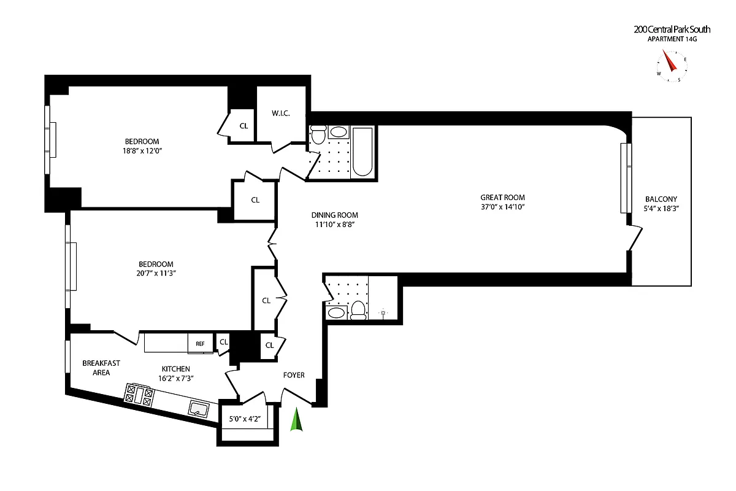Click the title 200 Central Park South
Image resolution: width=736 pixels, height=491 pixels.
(672, 29)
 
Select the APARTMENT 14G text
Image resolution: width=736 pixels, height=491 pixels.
(672, 39)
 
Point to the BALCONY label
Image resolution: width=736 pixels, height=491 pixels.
(661, 199)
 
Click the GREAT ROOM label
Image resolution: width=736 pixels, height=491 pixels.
(502, 197)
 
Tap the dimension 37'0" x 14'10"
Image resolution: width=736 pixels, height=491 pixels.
(502, 207)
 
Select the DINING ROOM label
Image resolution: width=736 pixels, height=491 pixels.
(334, 215)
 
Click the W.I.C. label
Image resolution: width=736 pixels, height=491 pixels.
(280, 113)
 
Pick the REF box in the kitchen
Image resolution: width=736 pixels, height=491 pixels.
(201, 344)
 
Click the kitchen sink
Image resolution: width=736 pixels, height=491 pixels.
(199, 408)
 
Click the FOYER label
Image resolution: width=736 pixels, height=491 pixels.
(294, 375)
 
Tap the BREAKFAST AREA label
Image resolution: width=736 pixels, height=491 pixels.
(101, 368)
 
